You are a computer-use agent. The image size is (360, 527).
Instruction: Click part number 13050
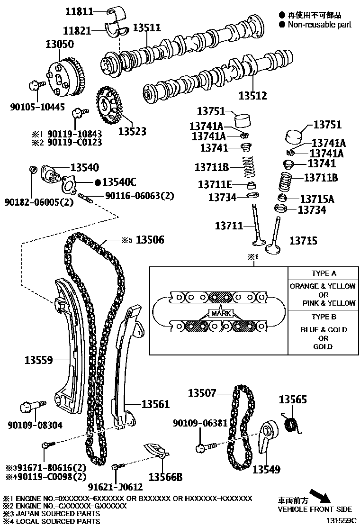(59, 45)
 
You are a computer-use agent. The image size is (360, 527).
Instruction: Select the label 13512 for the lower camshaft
(252, 96)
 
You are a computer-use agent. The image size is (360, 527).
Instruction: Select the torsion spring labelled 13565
(292, 422)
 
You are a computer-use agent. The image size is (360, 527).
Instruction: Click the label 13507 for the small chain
(202, 393)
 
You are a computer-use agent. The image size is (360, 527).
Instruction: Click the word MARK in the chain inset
(220, 314)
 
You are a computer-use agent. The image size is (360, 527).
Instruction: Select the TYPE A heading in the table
(324, 273)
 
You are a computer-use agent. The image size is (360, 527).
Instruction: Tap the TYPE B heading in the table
(324, 317)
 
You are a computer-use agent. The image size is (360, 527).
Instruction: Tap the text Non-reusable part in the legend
(320, 24)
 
